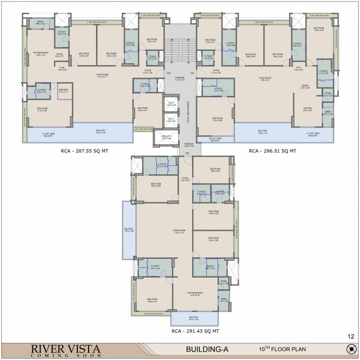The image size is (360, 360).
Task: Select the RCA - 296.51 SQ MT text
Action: (272, 151)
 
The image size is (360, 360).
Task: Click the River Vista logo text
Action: (66, 350)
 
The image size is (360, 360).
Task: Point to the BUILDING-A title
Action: (207, 350)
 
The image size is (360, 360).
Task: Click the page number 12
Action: (351, 337)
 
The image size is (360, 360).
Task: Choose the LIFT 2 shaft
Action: (171, 120)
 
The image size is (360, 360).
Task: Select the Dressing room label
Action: (63, 90)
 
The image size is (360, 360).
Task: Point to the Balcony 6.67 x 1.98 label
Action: (194, 319)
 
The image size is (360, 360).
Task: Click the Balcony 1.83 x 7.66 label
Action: (129, 230)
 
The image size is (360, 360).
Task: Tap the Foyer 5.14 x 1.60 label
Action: (216, 72)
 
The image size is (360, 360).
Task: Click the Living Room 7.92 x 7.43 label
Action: (179, 232)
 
